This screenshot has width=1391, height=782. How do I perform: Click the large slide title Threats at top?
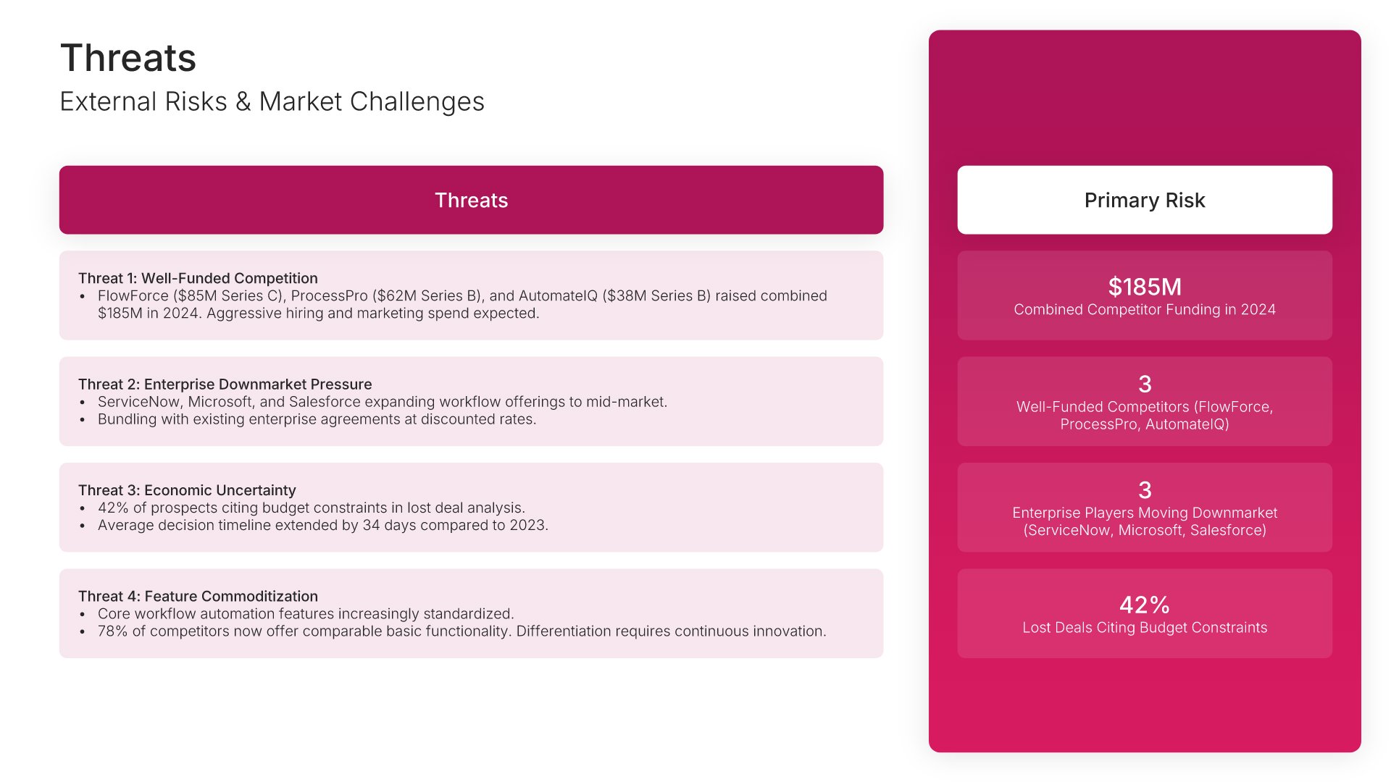(x=128, y=58)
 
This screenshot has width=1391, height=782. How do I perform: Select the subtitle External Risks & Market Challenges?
(x=272, y=101)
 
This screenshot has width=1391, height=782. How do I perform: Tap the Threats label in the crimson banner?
(x=471, y=200)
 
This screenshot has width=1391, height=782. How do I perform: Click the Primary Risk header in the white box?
(x=1145, y=200)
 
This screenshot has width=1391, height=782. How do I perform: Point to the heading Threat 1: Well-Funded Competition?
(x=198, y=278)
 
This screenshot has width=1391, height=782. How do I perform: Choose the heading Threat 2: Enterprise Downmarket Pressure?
(x=225, y=384)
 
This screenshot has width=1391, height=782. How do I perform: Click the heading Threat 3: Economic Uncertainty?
(x=187, y=490)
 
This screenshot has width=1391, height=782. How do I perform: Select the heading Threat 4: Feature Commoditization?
(x=198, y=596)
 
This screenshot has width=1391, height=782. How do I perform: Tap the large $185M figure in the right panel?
(x=1145, y=287)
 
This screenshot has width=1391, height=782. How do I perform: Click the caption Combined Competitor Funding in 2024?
(x=1145, y=310)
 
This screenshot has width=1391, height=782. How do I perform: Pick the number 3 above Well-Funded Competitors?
(x=1145, y=384)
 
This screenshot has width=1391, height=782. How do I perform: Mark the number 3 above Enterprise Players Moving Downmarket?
(x=1145, y=490)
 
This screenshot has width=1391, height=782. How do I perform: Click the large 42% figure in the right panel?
(x=1145, y=605)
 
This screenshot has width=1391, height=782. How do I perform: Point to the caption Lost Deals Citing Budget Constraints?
(x=1145, y=628)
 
